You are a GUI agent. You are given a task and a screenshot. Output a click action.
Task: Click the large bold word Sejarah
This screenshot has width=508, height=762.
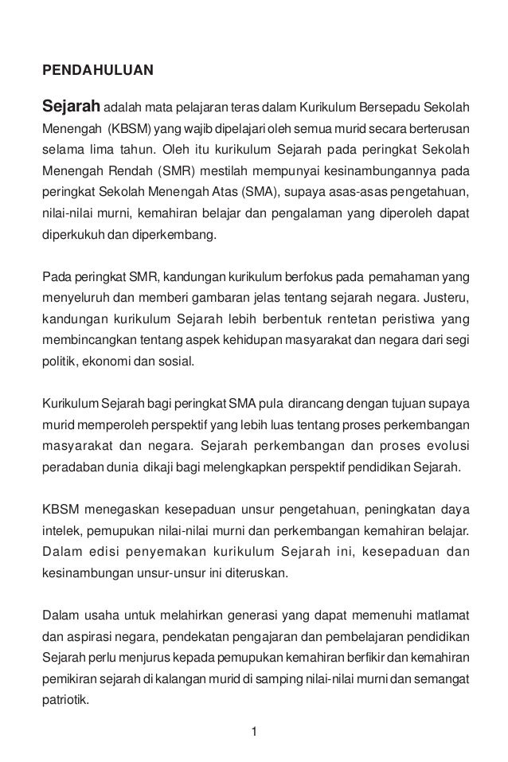point(70,106)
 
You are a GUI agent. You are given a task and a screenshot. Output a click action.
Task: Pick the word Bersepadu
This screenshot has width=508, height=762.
point(388,107)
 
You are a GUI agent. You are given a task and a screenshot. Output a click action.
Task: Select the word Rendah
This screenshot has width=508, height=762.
point(126,170)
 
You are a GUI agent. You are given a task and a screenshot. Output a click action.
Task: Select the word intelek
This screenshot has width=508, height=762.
point(59,530)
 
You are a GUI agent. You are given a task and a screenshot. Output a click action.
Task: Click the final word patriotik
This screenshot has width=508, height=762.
point(66,701)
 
